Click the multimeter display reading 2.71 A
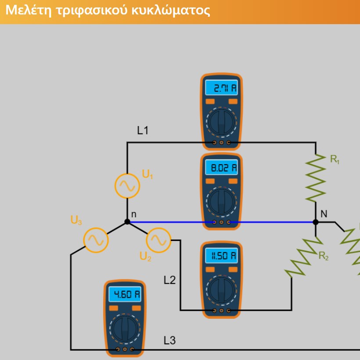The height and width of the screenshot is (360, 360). [x=221, y=87]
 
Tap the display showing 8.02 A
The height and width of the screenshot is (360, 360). [x=221, y=167]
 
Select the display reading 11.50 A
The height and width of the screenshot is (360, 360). [x=221, y=255]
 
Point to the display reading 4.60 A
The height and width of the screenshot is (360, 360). [x=125, y=294]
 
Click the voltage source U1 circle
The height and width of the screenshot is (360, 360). [x=127, y=186]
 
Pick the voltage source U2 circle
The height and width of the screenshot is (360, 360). [x=158, y=240]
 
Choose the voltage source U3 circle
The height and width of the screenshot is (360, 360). [x=96, y=240]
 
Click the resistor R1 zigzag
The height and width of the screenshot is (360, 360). [x=316, y=178]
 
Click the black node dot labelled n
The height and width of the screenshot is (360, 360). [x=127, y=222]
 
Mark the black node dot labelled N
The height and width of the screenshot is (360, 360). [x=316, y=222]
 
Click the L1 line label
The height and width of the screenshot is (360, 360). [x=143, y=130]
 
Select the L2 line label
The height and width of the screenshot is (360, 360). [x=169, y=280]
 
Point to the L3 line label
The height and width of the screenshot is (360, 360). [x=169, y=340]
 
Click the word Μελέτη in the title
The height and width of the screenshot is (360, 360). [x=29, y=11]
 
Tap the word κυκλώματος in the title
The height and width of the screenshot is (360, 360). [x=171, y=11]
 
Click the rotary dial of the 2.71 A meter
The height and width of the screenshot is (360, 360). [x=221, y=122]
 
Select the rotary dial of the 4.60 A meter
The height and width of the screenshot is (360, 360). [x=125, y=328]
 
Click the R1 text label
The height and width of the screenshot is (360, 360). [x=335, y=159]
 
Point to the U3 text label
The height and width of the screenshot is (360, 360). [x=76, y=220]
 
